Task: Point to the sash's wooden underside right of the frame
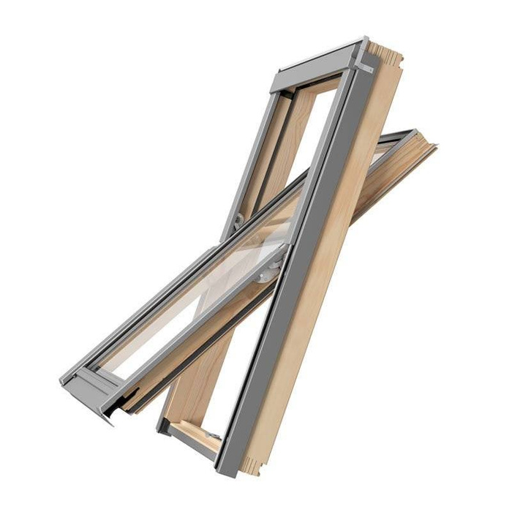coord(388,183)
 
